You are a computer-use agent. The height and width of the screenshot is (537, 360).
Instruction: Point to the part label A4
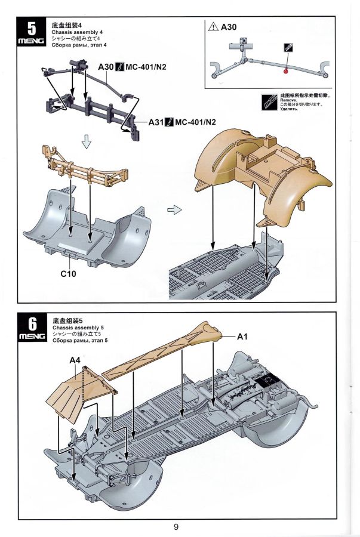(x=75, y=360)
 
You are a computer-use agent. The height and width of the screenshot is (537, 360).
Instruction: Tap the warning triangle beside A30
(x=213, y=27)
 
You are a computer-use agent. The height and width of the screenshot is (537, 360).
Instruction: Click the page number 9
(x=177, y=526)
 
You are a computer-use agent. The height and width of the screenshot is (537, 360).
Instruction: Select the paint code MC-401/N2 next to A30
(x=146, y=66)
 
